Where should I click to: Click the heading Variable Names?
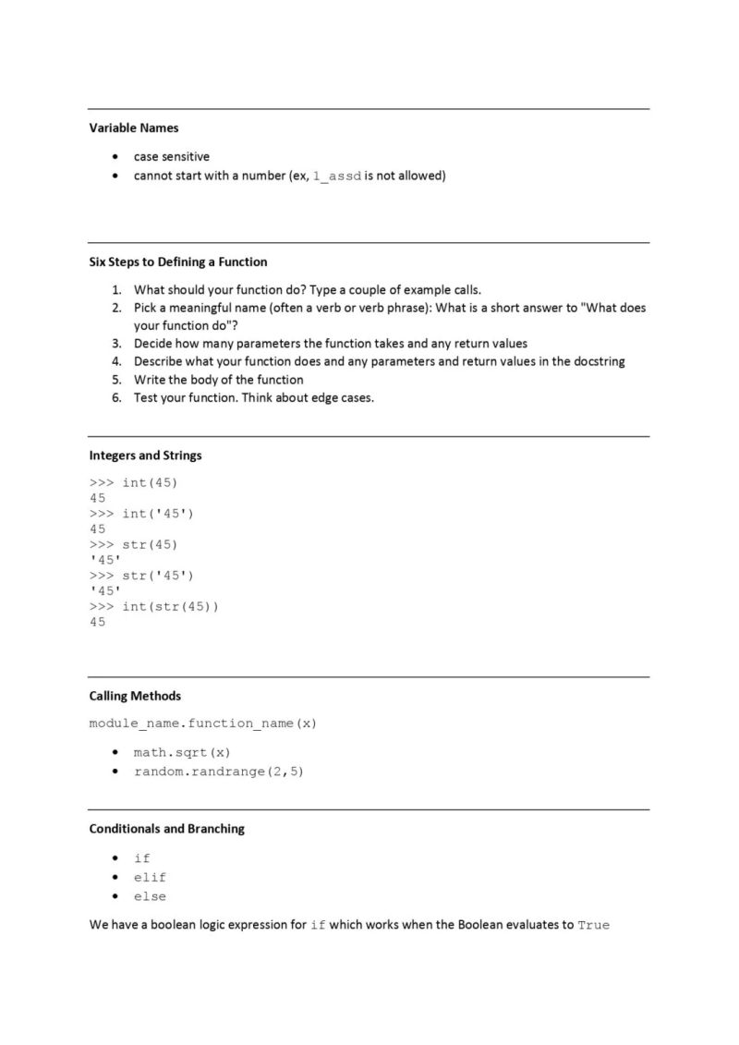click(x=134, y=128)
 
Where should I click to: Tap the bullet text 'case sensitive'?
click(x=171, y=156)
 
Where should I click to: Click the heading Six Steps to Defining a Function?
click(x=178, y=261)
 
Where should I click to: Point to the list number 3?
click(x=117, y=343)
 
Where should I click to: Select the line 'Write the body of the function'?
click(x=218, y=380)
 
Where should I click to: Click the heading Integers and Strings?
click(x=145, y=456)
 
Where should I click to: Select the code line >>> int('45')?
click(x=142, y=514)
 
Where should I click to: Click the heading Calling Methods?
click(x=135, y=696)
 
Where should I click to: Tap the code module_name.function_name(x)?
click(x=203, y=723)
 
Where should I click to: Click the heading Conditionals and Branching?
click(x=166, y=829)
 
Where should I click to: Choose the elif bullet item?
click(x=150, y=877)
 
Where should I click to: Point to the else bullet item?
click(x=150, y=896)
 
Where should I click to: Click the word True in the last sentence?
click(x=593, y=925)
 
